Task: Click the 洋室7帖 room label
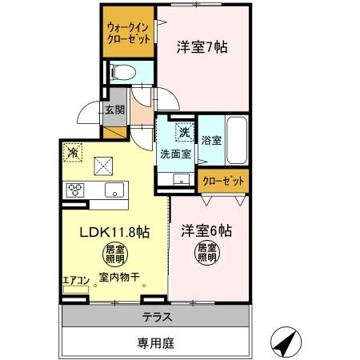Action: click(x=202, y=47)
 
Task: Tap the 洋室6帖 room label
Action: click(x=206, y=231)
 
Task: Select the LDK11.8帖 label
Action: click(x=114, y=232)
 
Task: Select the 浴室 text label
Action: click(x=211, y=140)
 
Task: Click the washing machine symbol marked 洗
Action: click(x=184, y=130)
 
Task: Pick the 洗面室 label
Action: click(x=174, y=153)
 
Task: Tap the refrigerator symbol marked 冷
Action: click(x=72, y=151)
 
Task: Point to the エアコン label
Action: click(x=75, y=280)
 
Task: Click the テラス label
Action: click(x=158, y=317)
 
